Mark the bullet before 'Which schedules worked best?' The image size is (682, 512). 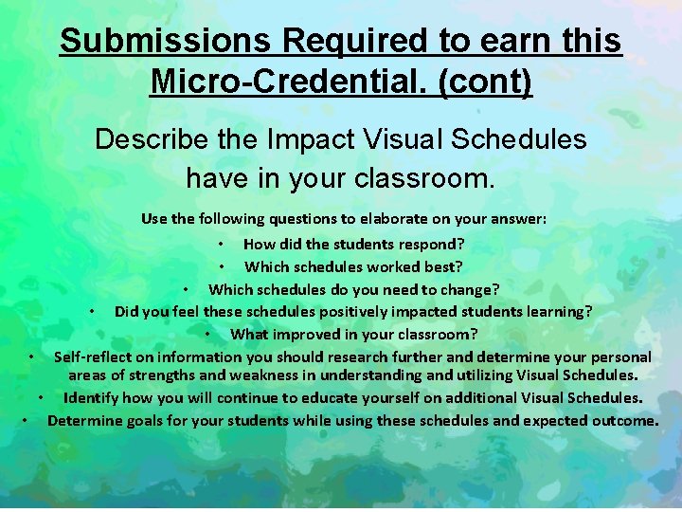coord(221,267)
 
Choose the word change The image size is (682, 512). coord(469,289)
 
